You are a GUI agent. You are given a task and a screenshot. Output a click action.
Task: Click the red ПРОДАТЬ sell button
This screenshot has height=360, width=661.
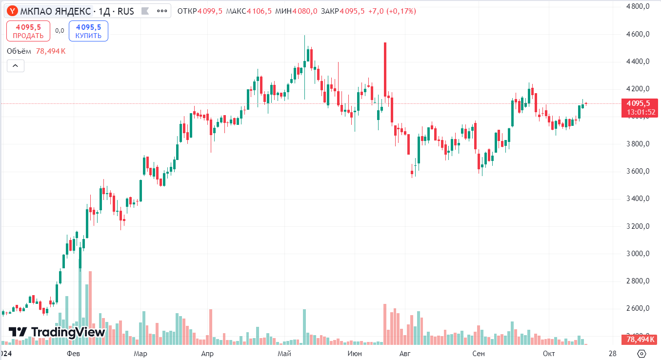[28, 31]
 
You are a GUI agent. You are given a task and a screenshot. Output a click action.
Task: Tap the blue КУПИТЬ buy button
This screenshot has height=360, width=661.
[88, 31]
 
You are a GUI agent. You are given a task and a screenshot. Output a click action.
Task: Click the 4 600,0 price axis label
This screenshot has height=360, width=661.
[638, 34]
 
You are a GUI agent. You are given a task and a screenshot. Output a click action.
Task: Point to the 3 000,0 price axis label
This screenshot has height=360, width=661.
[638, 254]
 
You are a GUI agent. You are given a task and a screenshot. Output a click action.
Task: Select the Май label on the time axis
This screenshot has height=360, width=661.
[284, 353]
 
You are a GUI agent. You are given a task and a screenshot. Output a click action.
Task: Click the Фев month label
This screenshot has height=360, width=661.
[73, 353]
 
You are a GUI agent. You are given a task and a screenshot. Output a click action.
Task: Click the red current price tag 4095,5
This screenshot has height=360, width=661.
[638, 103]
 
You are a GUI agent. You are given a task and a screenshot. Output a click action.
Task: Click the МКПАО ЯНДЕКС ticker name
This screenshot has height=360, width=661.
[55, 11]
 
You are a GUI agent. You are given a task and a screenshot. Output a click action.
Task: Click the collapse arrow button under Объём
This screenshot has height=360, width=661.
[15, 66]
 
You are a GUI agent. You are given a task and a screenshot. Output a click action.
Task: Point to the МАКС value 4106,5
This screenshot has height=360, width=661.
[259, 11]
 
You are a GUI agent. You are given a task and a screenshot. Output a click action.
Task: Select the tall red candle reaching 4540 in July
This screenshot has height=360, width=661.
[385, 68]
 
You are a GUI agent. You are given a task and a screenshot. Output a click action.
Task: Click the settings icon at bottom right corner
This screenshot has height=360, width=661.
[642, 353]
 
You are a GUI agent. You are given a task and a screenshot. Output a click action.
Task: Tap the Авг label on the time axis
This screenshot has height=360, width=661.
[404, 353]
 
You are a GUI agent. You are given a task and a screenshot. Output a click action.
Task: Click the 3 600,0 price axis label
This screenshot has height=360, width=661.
[638, 171]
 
